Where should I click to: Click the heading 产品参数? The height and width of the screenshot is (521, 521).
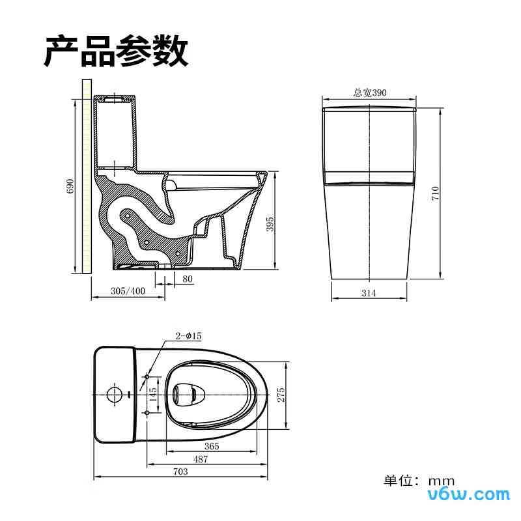tap(116, 51)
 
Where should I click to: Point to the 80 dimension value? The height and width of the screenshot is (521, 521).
tap(188, 279)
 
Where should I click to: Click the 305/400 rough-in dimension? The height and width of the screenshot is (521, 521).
tap(127, 291)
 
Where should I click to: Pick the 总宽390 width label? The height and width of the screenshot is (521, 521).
tap(369, 93)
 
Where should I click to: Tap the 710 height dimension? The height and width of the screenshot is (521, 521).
tap(436, 193)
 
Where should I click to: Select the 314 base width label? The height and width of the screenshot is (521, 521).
tap(369, 294)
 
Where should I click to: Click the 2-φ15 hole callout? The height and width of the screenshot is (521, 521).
tap(188, 335)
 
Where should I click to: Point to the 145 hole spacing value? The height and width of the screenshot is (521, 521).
tap(153, 395)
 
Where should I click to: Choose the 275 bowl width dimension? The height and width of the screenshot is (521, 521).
tap(281, 395)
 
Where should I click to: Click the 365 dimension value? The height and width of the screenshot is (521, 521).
tap(211, 446)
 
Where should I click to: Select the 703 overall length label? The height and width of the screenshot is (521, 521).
tap(180, 472)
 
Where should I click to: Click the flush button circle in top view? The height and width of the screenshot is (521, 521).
tap(113, 395)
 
